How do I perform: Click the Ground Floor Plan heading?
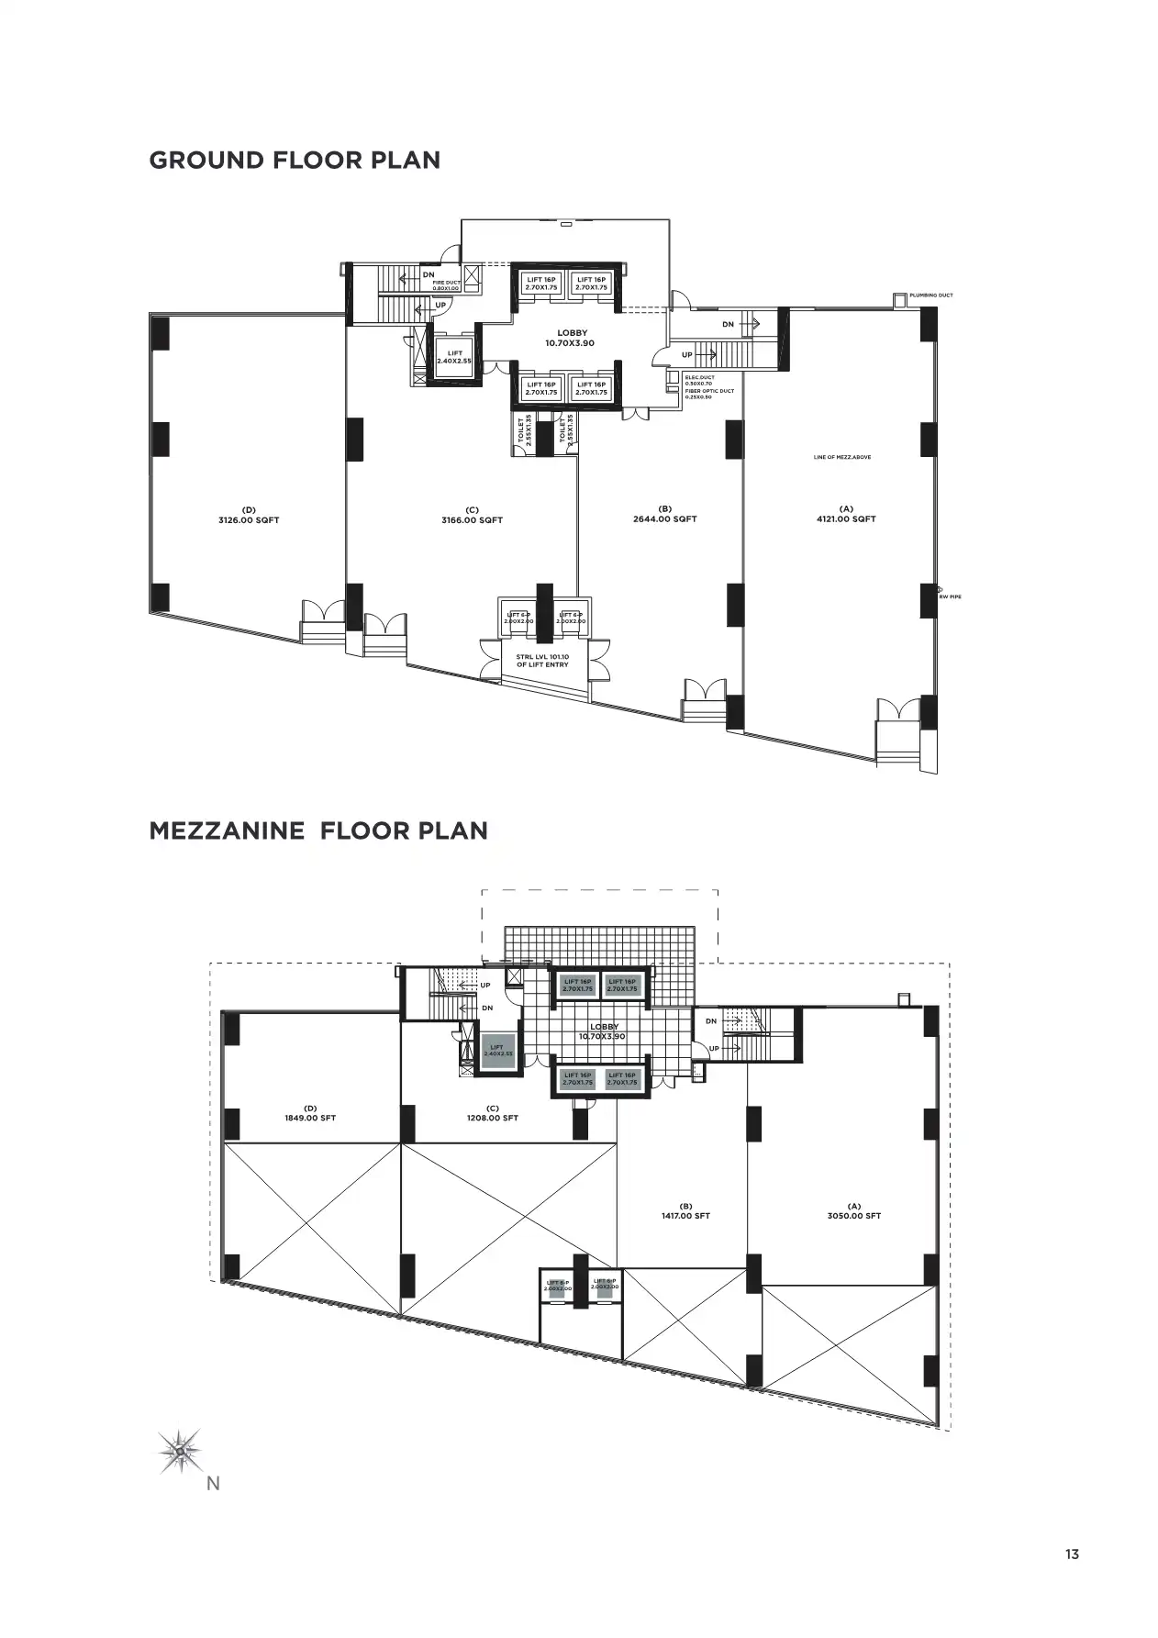click(295, 160)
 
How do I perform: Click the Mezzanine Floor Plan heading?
click(318, 830)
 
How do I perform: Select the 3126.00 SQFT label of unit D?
click(249, 519)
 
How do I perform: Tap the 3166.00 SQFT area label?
click(472, 519)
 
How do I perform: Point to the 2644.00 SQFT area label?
click(665, 518)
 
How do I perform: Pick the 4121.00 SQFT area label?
click(845, 518)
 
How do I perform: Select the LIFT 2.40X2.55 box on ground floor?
click(454, 357)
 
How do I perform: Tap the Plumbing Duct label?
click(930, 295)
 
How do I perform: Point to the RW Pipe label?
click(950, 596)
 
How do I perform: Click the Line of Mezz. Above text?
click(841, 457)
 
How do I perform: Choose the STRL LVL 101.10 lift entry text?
click(541, 660)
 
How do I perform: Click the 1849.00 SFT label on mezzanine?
click(310, 1118)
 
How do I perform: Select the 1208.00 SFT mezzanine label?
click(493, 1118)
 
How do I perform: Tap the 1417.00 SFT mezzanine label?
click(685, 1216)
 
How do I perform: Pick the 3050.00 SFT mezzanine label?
click(853, 1216)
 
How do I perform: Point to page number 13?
click(1072, 1554)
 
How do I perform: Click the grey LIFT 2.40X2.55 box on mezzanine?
click(496, 1050)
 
